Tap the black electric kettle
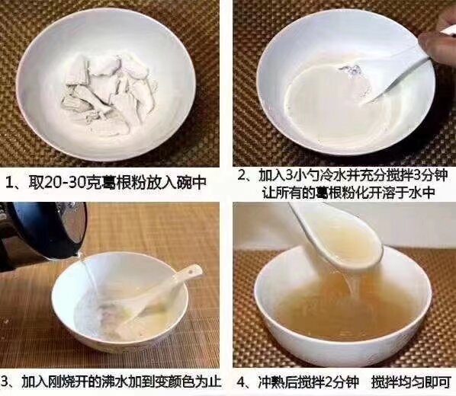click(40, 232)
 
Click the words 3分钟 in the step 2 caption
click(429, 175)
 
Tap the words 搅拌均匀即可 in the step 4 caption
click(411, 382)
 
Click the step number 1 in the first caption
click(9, 183)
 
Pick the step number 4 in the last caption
click(242, 382)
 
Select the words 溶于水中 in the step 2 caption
click(407, 192)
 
